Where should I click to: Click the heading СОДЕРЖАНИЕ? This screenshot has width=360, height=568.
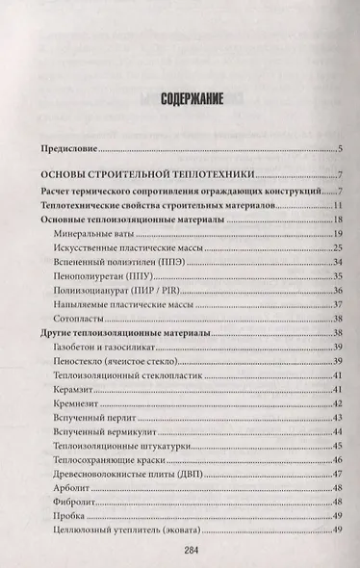180,98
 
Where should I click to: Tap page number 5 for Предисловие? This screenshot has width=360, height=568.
342,149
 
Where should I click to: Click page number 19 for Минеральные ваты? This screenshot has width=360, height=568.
339,234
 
